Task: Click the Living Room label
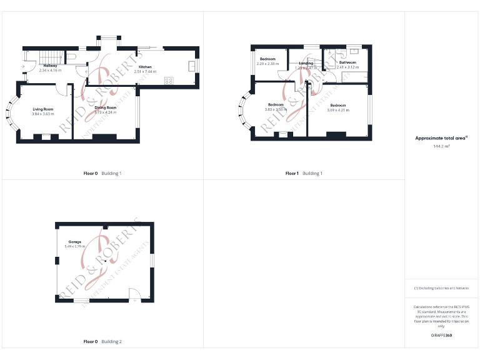tap(43, 109)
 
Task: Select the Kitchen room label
tap(145, 67)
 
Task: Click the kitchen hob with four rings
tap(169, 80)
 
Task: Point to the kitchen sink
tap(192, 66)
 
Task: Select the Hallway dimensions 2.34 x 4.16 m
tap(50, 71)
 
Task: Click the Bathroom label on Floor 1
tap(347, 62)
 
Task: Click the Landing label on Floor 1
tap(306, 63)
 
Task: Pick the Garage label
tap(74, 242)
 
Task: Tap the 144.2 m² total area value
tap(441, 146)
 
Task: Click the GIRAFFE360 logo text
tap(441, 336)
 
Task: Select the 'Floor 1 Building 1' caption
tap(304, 173)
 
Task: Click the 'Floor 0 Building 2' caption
tap(102, 341)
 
